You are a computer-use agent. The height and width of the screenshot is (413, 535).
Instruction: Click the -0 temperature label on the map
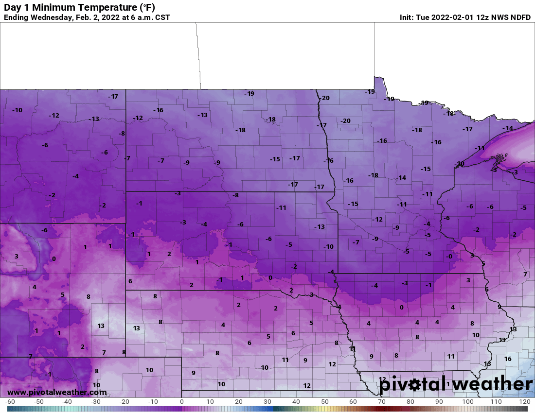(x=449, y=257)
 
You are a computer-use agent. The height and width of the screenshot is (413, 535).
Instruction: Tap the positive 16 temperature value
(x=508, y=359)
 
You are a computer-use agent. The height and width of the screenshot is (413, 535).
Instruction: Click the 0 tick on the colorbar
(x=181, y=402)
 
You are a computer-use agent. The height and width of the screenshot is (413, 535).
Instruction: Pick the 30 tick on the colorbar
(x=267, y=402)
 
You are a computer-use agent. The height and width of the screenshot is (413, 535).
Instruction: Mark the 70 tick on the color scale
(x=382, y=402)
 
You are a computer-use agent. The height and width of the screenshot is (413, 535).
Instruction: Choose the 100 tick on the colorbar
(x=468, y=402)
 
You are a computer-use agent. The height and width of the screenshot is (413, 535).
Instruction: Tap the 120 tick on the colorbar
(x=524, y=402)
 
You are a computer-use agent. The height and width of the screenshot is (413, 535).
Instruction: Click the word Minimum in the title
(x=48, y=8)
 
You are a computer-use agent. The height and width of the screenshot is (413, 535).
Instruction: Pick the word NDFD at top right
(x=520, y=17)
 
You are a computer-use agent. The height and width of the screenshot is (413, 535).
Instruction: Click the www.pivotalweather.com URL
(x=57, y=392)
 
